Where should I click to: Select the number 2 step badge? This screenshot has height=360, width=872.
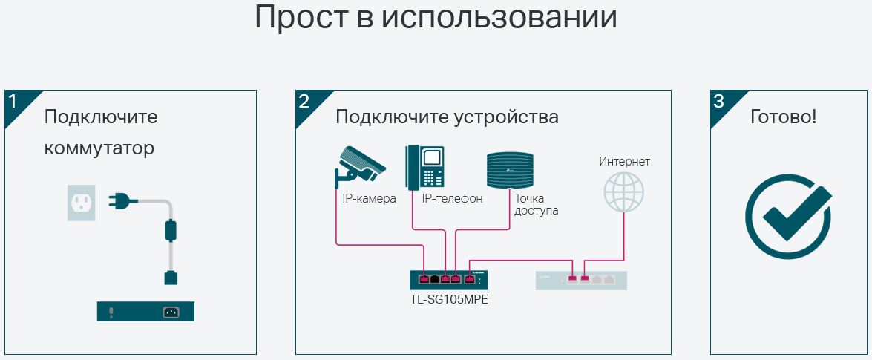pyautogui.click(x=305, y=102)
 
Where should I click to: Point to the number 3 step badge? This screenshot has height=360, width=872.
pyautogui.click(x=719, y=102)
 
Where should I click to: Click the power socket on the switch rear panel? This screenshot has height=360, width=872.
pyautogui.click(x=171, y=312)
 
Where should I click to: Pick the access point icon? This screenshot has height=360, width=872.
pyautogui.click(x=510, y=169)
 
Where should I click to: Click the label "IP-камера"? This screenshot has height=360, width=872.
pyautogui.click(x=369, y=199)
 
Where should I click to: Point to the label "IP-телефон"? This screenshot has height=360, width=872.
pyautogui.click(x=452, y=199)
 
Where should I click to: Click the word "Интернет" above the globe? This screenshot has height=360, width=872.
pyautogui.click(x=624, y=161)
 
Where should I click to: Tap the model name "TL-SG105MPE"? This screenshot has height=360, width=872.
pyautogui.click(x=448, y=300)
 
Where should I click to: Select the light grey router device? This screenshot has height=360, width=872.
pyautogui.click(x=581, y=280)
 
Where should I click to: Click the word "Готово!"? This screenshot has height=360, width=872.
pyautogui.click(x=783, y=117)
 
